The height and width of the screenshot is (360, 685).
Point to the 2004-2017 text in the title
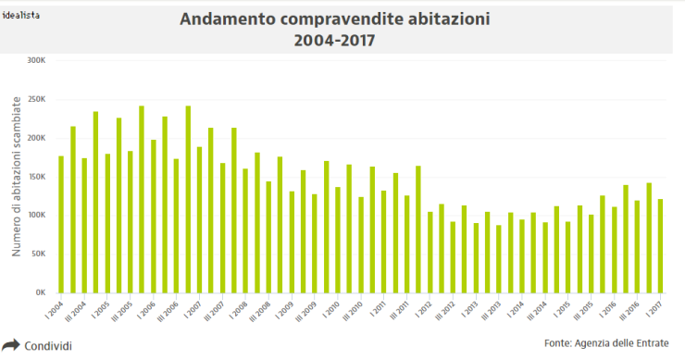click(x=336, y=41)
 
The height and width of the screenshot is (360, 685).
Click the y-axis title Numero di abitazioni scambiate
click(x=16, y=177)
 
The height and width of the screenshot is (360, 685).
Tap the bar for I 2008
click(x=245, y=230)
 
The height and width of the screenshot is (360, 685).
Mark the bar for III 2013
click(x=498, y=258)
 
